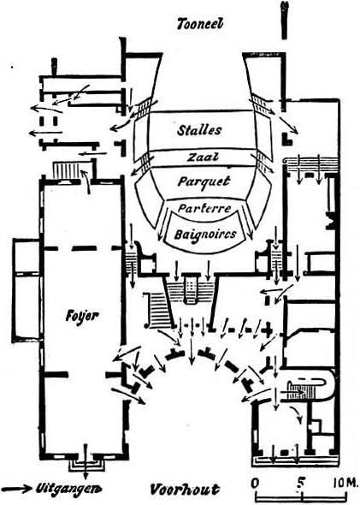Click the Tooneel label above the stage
click(x=200, y=24)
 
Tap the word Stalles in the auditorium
click(x=199, y=130)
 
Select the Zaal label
click(x=203, y=157)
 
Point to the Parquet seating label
click(x=204, y=181)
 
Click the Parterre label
click(x=204, y=208)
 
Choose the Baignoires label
click(x=205, y=235)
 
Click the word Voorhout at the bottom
click(x=185, y=490)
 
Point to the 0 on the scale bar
click(x=255, y=484)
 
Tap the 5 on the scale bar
click(x=300, y=484)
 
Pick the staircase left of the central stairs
click(x=158, y=311)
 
